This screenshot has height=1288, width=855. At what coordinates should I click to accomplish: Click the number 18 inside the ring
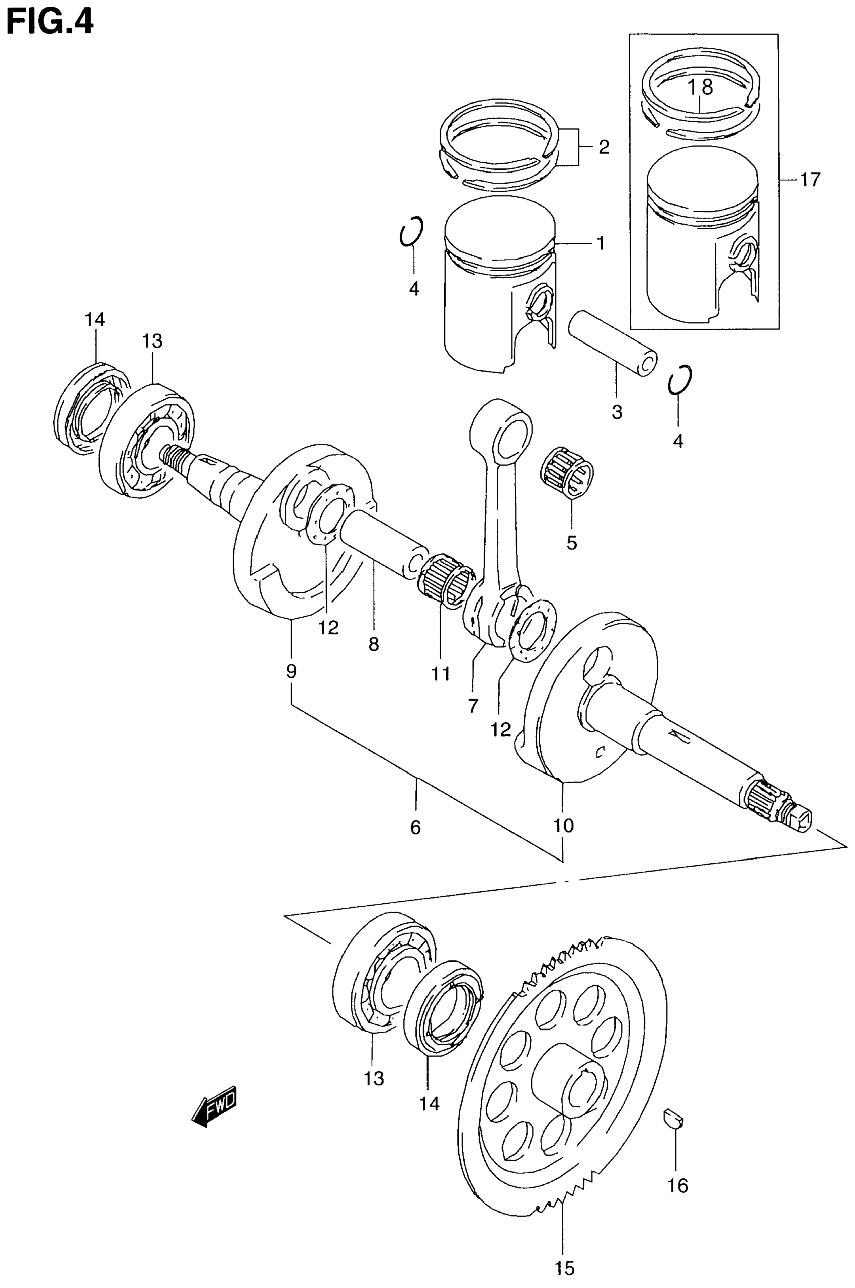click(700, 87)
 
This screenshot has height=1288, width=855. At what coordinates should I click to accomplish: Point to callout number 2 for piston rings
click(603, 147)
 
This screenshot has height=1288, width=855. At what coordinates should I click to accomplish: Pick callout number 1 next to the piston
click(601, 243)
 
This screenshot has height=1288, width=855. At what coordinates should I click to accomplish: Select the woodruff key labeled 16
click(674, 1121)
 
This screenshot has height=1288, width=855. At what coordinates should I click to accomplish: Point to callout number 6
click(415, 828)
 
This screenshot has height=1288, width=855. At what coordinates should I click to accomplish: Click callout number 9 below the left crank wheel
click(291, 671)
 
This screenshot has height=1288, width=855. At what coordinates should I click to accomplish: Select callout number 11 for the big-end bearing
click(441, 674)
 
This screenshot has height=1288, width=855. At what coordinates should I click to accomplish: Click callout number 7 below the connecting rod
click(473, 706)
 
